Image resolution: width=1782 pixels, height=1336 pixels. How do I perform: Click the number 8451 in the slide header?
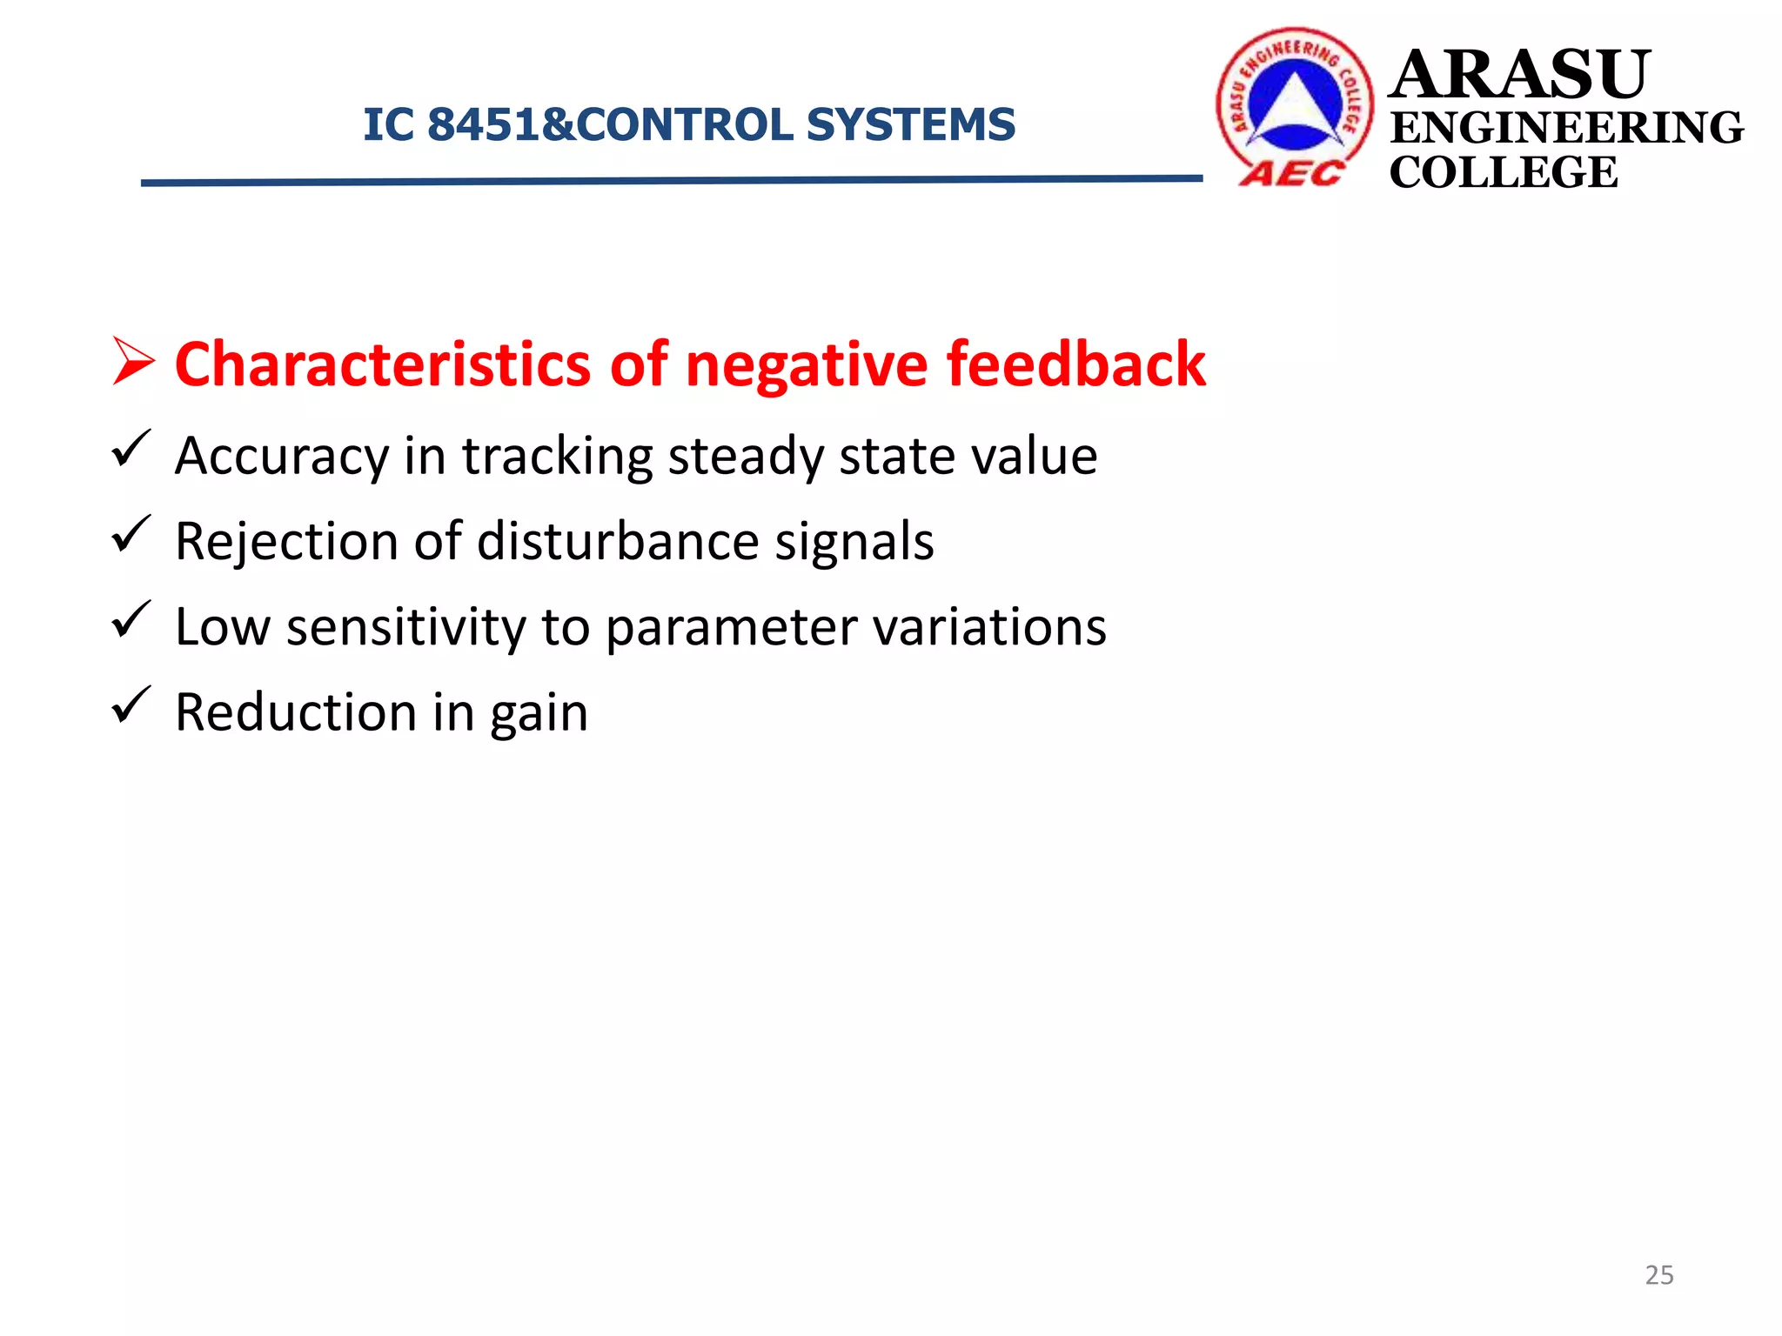point(482,124)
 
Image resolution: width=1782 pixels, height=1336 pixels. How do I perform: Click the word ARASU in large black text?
point(1519,75)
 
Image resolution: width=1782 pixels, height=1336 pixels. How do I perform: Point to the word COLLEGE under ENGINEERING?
point(1504,172)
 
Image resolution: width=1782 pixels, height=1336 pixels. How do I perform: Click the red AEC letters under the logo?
point(1291,173)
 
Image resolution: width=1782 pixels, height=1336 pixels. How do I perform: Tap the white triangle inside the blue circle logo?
point(1296,104)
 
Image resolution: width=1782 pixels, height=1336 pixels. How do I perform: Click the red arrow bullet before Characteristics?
point(133,362)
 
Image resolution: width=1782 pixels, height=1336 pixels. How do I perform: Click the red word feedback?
point(1075,364)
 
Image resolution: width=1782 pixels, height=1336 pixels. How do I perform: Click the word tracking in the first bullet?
point(557,457)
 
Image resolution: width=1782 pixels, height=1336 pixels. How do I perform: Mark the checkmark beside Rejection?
point(131,534)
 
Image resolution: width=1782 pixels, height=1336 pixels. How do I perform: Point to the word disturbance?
point(619,541)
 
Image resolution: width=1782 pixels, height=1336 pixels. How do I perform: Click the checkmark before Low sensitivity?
point(131,619)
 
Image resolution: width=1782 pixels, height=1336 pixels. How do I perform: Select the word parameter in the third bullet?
point(731,628)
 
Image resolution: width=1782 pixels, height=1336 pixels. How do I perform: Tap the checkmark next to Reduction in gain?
point(131,705)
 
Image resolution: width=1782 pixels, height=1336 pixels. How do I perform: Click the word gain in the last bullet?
point(539,714)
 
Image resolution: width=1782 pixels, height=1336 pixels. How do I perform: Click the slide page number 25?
point(1659,1275)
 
